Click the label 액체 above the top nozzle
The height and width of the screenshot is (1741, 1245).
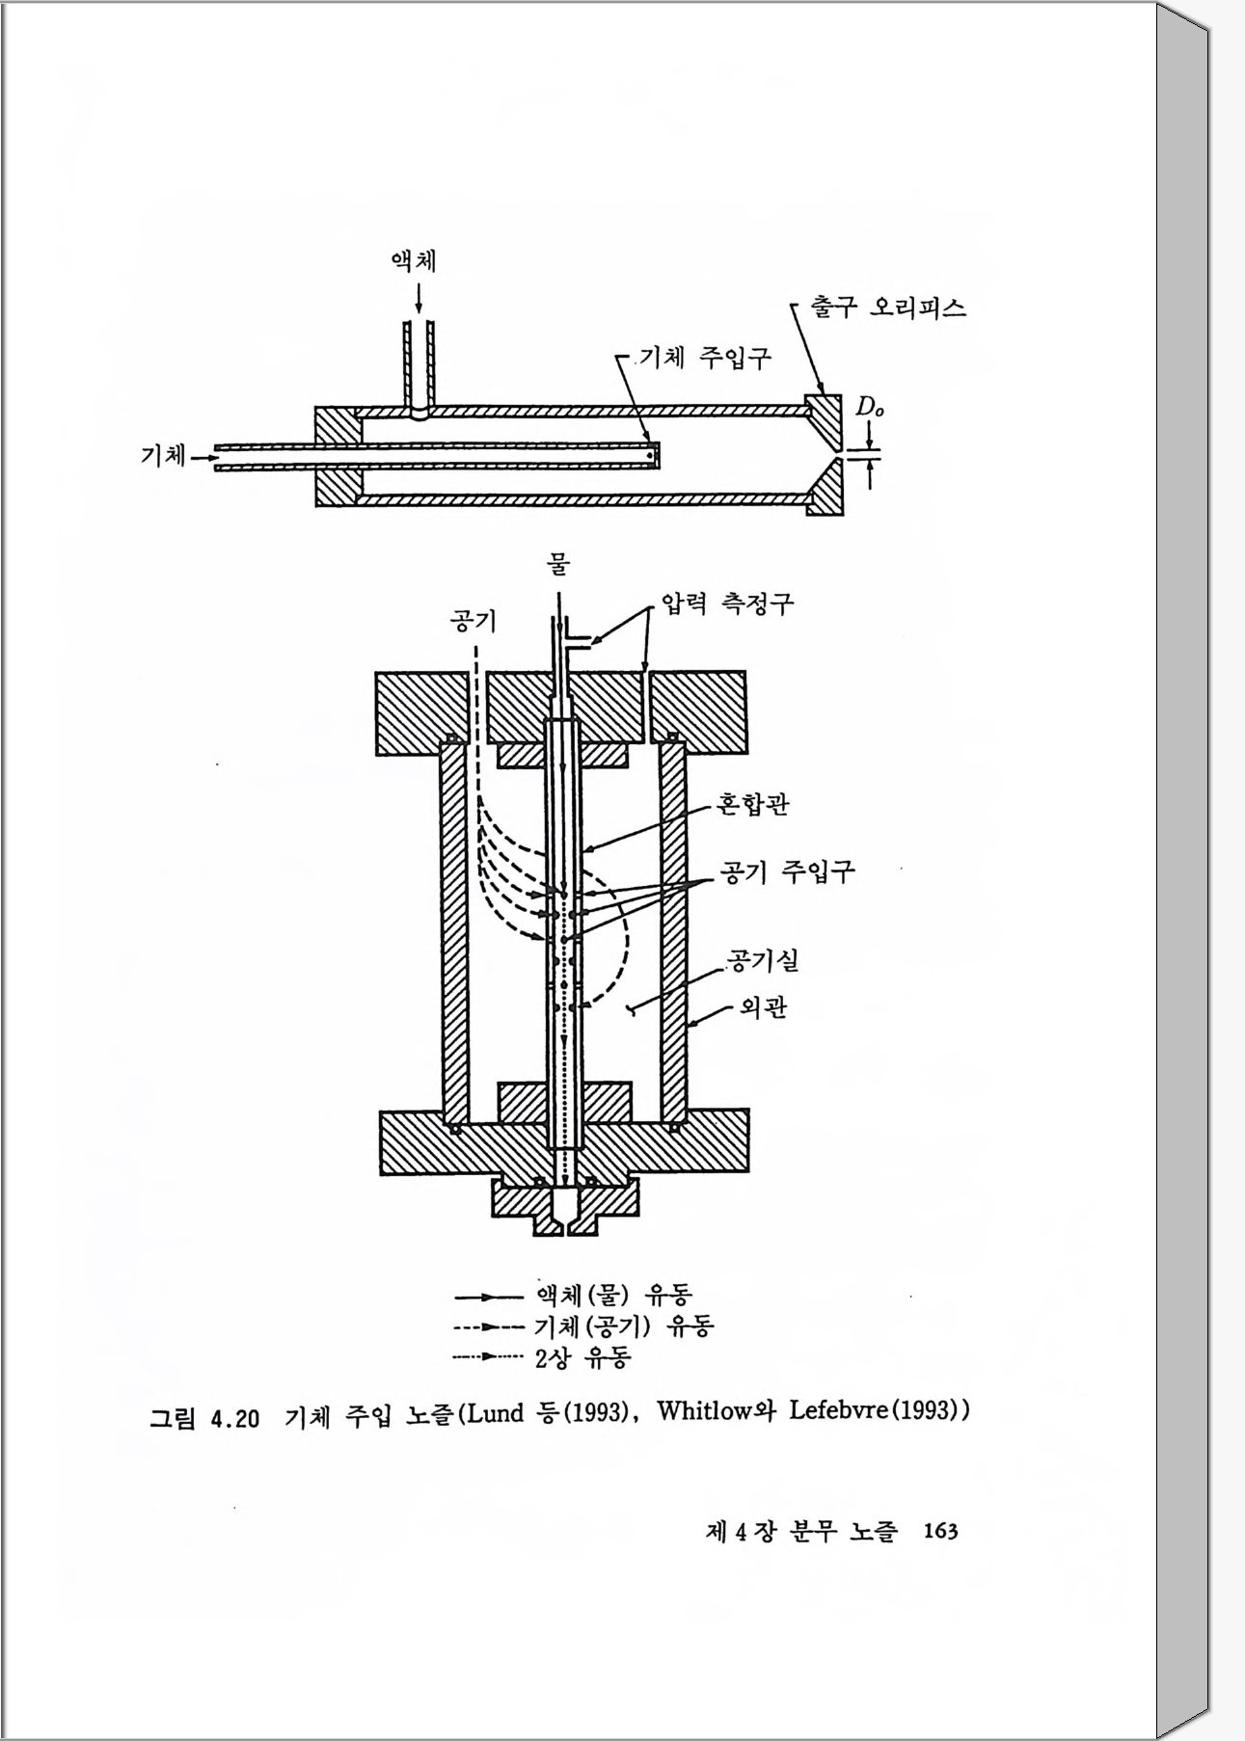pyautogui.click(x=414, y=261)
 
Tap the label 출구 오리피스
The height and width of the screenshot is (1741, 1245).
pyautogui.click(x=888, y=308)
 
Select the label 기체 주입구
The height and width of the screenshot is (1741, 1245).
pyautogui.click(x=706, y=358)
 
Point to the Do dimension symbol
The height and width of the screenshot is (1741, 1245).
pyautogui.click(x=870, y=408)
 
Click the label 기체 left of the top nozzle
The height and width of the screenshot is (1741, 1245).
pyautogui.click(x=164, y=455)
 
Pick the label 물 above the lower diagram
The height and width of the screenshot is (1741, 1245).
pyautogui.click(x=558, y=563)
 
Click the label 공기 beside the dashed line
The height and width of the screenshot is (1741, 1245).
pyautogui.click(x=474, y=620)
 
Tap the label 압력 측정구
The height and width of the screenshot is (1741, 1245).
pyautogui.click(x=727, y=603)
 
